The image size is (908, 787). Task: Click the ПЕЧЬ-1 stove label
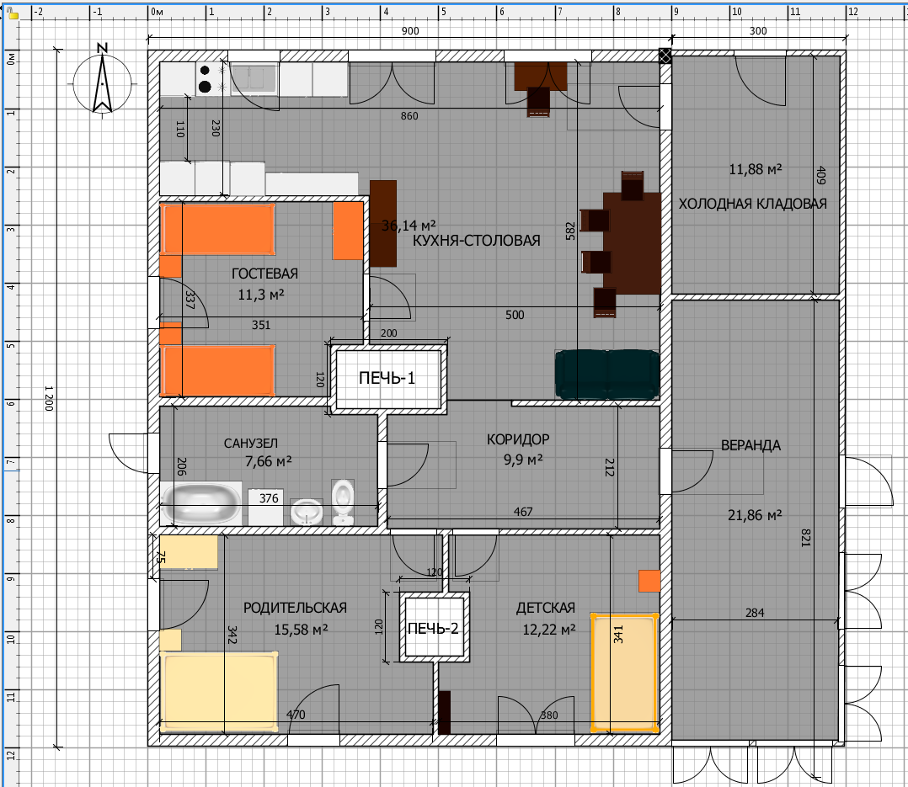coord(387,378)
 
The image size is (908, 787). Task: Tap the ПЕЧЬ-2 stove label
coord(433,629)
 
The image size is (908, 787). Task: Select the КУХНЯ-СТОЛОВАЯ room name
coord(476,241)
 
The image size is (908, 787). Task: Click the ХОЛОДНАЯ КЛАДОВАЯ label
coord(752,204)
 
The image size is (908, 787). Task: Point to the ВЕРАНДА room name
coord(750,445)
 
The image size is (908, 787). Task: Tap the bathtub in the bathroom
coord(201,503)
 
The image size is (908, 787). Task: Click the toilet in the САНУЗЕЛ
coord(343,501)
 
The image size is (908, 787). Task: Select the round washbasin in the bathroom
coord(306,512)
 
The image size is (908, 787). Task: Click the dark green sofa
coord(606,375)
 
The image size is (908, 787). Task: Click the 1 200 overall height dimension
coord(49,399)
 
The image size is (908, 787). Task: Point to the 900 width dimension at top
coord(410,31)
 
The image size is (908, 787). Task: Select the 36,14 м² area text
coord(409,225)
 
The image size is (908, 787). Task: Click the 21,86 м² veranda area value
coord(755,515)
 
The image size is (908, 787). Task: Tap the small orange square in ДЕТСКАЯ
coord(649,581)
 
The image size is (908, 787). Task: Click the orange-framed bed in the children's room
coord(625,673)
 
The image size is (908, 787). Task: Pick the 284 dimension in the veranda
coord(755,612)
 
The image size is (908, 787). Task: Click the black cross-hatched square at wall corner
coord(665,56)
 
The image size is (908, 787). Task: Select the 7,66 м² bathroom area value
coord(268,461)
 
